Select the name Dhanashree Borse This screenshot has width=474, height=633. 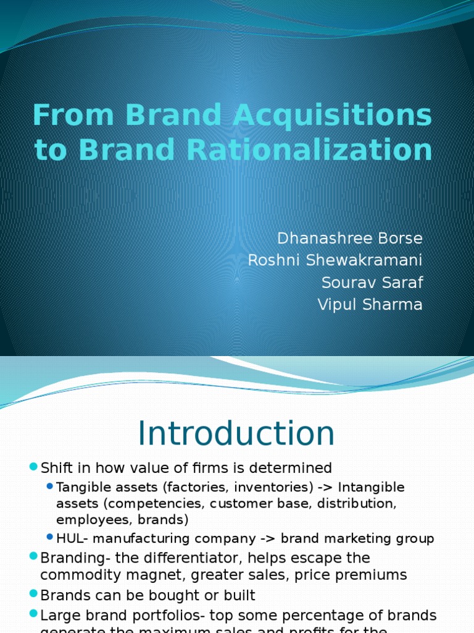(x=350, y=238)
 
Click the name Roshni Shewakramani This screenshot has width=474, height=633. (x=335, y=260)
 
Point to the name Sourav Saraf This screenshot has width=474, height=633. (x=372, y=283)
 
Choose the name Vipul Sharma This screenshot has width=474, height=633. (x=370, y=305)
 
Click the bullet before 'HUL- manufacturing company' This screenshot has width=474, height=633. (x=50, y=538)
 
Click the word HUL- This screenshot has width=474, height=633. (x=70, y=538)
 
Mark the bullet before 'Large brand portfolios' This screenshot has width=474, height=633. (x=33, y=616)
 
